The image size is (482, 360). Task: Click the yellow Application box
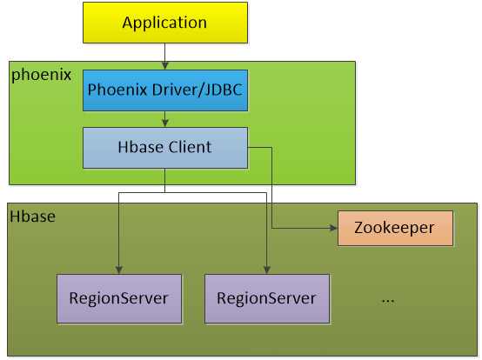pos(165,23)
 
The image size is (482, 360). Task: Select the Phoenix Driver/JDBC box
pos(165,90)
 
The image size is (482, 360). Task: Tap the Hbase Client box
pos(165,148)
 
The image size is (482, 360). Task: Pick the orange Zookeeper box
pos(395,228)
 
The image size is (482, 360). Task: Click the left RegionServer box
pos(119,298)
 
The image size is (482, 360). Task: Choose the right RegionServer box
pos(267,298)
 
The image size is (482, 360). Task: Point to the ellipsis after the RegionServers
pos(388,301)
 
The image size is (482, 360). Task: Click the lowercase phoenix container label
pos(41,75)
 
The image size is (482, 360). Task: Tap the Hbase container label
pos(32,217)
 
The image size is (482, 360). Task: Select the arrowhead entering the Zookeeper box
pos(334,228)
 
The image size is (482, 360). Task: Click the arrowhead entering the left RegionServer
pos(119,270)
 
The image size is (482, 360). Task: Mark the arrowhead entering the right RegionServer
pos(267,270)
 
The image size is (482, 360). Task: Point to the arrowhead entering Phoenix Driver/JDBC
pos(165,66)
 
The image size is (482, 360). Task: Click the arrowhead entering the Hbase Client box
pos(165,123)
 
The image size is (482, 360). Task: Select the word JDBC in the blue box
pos(223,90)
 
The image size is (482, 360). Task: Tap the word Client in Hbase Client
pos(190,147)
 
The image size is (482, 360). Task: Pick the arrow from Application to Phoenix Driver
pos(165,57)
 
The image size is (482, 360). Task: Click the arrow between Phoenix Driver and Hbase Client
pos(165,119)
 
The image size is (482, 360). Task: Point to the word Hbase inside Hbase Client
pos(141,147)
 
